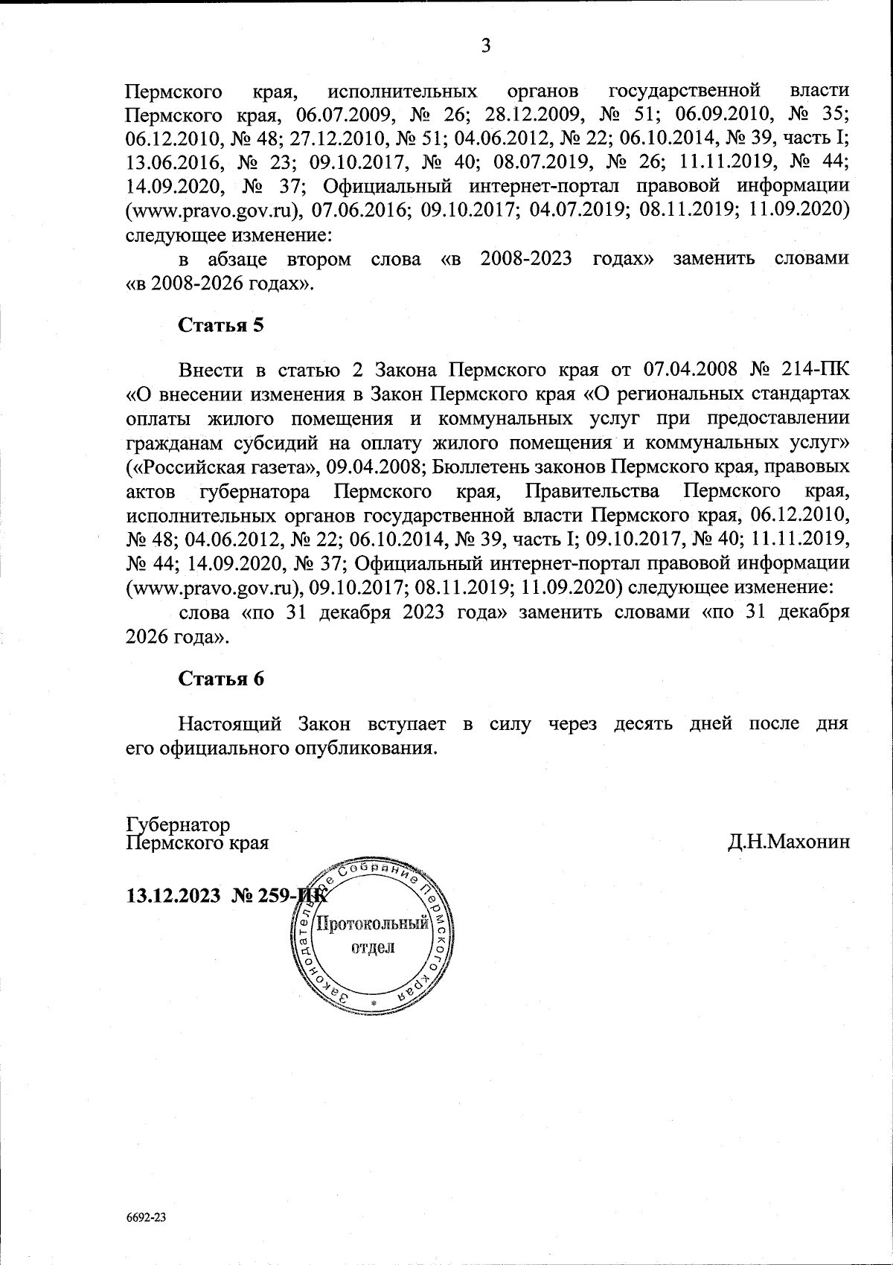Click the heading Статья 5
point(221,326)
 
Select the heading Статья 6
point(221,679)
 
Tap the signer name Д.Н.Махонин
point(789,843)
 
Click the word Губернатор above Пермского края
point(178,825)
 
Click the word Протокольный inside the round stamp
point(373,925)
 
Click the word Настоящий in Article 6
point(230,723)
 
